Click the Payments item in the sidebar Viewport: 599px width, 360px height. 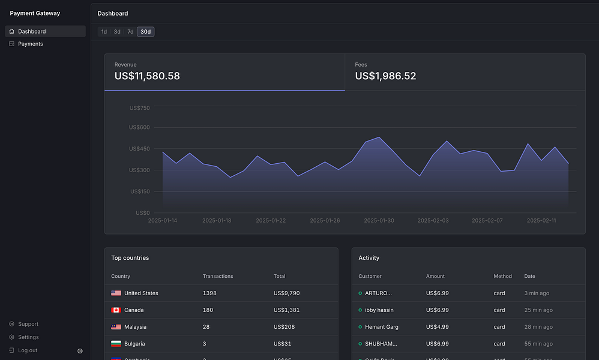pos(30,44)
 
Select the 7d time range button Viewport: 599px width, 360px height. pos(130,32)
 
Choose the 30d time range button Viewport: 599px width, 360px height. pos(145,32)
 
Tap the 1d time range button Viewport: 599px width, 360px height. pos(104,32)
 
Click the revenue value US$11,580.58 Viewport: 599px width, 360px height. pos(147,76)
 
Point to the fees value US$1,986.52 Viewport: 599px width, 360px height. pos(385,76)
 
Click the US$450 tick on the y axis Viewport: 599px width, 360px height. pos(139,149)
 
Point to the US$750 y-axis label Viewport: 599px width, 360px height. pos(139,108)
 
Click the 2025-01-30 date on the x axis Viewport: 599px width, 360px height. pos(379,221)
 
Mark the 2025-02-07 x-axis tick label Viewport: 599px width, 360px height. pos(487,221)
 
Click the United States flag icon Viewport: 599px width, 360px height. pos(116,293)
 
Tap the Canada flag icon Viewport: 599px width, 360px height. pos(116,310)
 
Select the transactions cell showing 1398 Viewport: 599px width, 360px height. pos(209,293)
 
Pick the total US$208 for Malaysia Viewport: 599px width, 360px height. pos(283,327)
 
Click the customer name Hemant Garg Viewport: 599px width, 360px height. pos(381,327)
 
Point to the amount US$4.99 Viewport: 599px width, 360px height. pos(437,327)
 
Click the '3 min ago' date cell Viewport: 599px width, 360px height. pos(536,293)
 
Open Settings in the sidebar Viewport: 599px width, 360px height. pos(28,337)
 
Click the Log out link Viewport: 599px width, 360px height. pos(28,350)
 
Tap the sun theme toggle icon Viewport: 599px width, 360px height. pos(80,351)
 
